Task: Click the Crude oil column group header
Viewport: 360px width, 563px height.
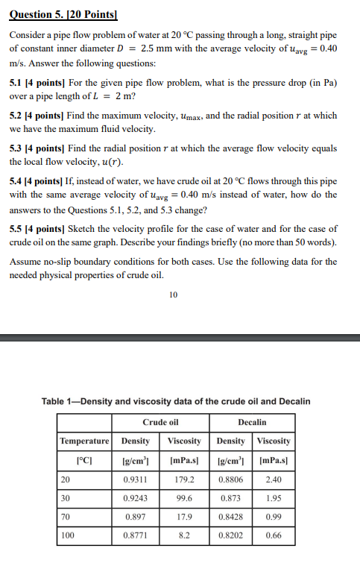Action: click(x=160, y=422)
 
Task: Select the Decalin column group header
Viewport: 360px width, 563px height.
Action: click(x=252, y=422)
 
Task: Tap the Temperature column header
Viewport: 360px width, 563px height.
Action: click(x=84, y=441)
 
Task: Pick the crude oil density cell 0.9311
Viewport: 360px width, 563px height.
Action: click(x=135, y=479)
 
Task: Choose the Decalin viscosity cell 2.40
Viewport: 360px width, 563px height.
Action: click(x=274, y=479)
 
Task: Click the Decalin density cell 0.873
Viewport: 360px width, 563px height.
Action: click(x=230, y=497)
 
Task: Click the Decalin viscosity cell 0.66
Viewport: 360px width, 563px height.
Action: click(x=274, y=535)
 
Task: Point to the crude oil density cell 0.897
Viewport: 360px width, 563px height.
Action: click(x=135, y=516)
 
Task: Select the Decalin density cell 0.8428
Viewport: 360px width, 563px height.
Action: click(x=230, y=516)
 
